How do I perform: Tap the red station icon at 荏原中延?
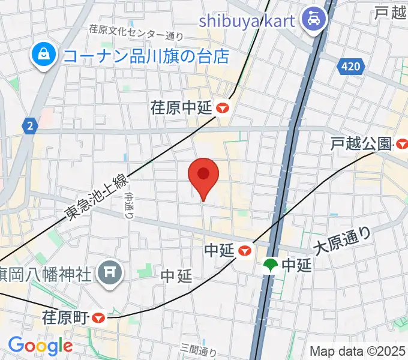click(x=224, y=108)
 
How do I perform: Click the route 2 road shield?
click(x=29, y=125)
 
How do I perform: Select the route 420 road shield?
click(x=350, y=66)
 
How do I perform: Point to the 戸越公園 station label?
click(x=362, y=143)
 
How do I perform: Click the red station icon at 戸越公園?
click(x=401, y=143)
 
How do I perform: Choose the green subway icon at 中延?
click(x=271, y=265)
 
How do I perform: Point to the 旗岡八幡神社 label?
click(x=48, y=274)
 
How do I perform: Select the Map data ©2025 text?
click(x=358, y=351)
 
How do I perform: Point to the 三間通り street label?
click(x=198, y=350)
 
